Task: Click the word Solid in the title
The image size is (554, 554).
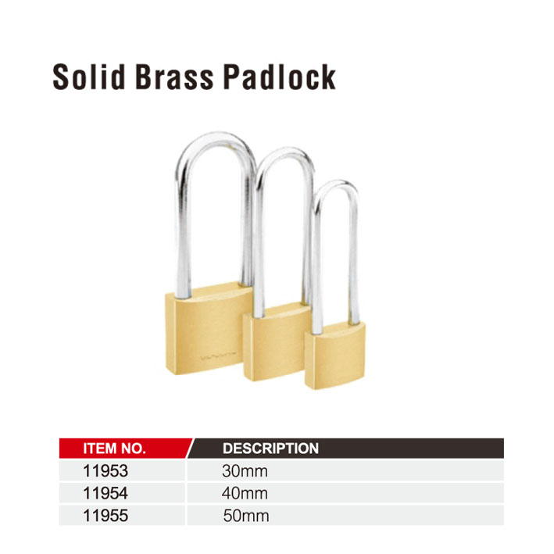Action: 88,77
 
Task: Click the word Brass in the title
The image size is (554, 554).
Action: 174,77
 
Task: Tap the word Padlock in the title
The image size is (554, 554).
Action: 279,77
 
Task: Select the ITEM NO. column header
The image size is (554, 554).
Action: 115,449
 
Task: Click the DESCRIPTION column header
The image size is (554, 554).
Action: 270,449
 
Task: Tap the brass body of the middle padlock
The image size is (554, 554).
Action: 276,343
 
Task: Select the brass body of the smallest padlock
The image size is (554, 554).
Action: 335,356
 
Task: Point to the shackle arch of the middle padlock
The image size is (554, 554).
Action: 284,152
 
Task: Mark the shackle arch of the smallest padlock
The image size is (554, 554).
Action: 336,184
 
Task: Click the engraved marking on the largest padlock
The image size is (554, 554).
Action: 219,356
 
